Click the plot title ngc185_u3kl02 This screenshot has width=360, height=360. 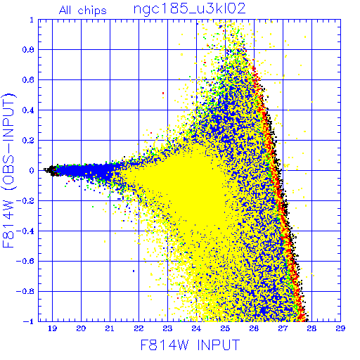click(x=189, y=9)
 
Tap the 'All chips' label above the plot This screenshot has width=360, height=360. click(x=83, y=11)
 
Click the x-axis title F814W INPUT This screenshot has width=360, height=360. click(x=190, y=345)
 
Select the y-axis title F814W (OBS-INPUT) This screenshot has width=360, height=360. click(x=8, y=170)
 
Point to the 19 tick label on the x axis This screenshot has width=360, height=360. click(x=52, y=328)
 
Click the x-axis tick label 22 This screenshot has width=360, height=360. click(x=139, y=328)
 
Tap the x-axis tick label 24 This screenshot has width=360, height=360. click(x=196, y=328)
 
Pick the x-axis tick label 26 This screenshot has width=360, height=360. click(x=254, y=328)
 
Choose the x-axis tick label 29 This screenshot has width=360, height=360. click(x=340, y=328)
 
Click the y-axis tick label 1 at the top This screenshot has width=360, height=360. click(x=32, y=20)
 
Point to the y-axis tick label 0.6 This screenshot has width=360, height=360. click(x=28, y=80)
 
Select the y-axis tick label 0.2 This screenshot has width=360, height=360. click(x=28, y=141)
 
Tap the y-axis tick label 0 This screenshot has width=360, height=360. click(x=32, y=171)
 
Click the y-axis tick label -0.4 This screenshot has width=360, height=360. click(x=25, y=231)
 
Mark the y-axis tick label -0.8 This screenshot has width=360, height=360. click(x=25, y=292)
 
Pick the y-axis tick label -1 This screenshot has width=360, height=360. click(x=28, y=321)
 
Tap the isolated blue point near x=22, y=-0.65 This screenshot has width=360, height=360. click(x=134, y=271)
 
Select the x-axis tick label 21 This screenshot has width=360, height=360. click(x=110, y=328)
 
